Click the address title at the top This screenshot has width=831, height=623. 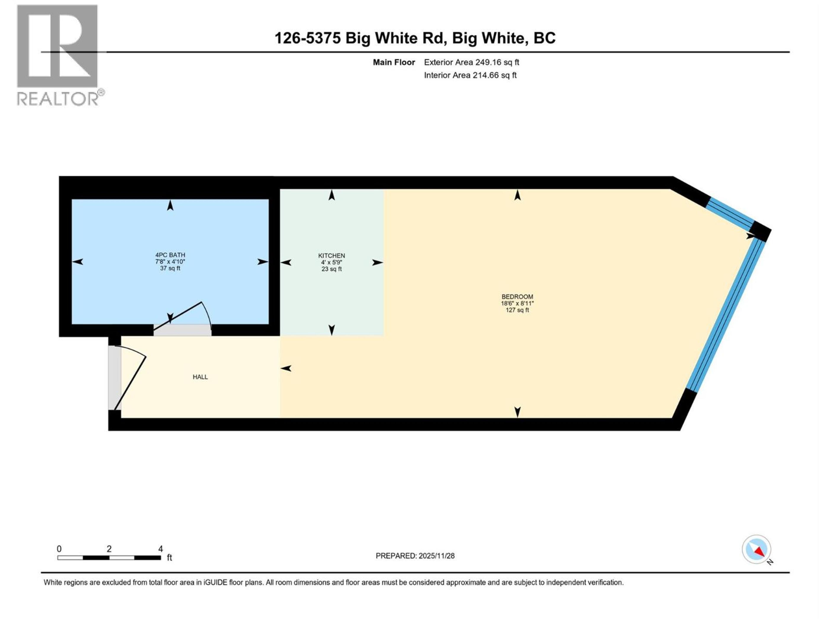(415, 38)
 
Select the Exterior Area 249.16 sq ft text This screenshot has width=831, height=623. (472, 62)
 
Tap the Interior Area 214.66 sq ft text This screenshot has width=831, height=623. (470, 75)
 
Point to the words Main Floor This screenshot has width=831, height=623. (394, 62)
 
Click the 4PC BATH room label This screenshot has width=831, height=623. (170, 255)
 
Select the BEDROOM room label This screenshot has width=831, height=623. (517, 297)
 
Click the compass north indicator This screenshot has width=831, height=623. (756, 549)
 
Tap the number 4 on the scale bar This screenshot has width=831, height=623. (160, 549)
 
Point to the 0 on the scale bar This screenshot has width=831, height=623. (59, 549)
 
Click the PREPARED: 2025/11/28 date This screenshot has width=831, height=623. (415, 556)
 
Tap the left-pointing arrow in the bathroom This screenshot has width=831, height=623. (78, 262)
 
